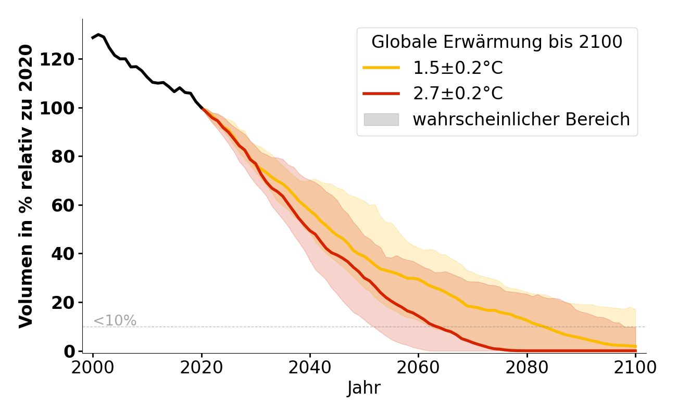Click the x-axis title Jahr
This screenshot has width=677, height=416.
coord(364,388)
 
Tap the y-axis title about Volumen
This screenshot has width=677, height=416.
coord(26,186)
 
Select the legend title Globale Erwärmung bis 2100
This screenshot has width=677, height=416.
coord(497,42)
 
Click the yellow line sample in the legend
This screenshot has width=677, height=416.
coord(381,68)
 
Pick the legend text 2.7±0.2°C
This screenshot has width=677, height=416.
coord(458,94)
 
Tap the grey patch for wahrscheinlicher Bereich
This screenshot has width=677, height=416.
coord(381,120)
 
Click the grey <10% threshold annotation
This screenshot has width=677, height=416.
coord(115,321)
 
